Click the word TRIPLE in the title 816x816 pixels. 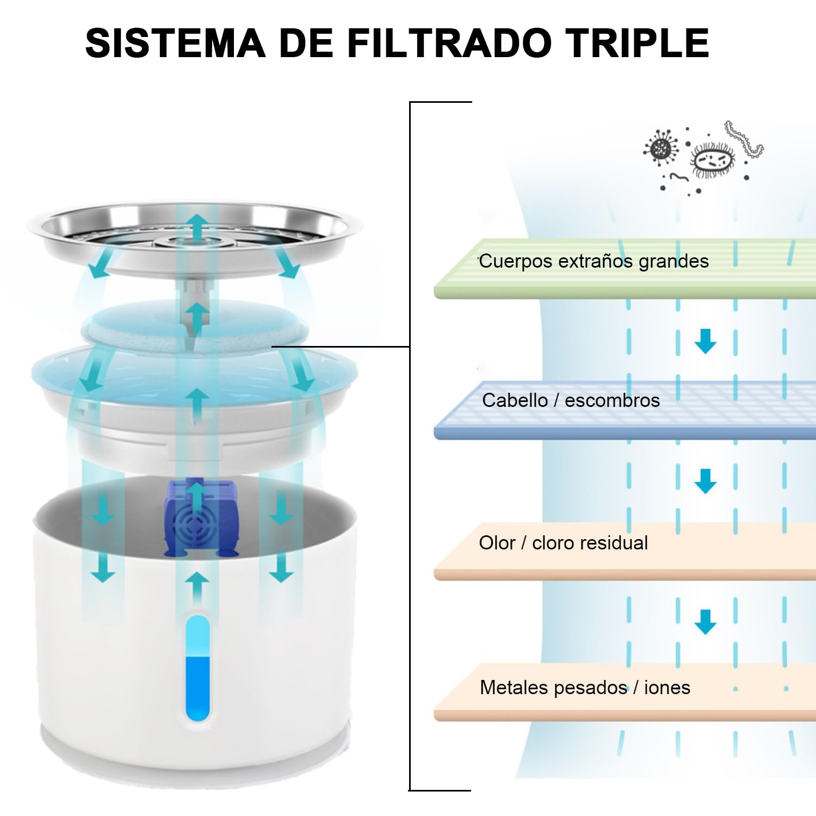click(x=637, y=43)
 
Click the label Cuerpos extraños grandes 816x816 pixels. click(x=594, y=262)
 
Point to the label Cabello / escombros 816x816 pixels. click(x=571, y=401)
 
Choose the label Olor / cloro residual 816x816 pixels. click(x=563, y=543)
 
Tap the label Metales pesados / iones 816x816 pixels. click(x=585, y=688)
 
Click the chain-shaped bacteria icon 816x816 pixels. click(x=744, y=139)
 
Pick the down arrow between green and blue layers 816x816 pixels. click(x=706, y=341)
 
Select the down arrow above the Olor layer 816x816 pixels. click(x=706, y=481)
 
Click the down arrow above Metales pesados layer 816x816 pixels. click(x=706, y=621)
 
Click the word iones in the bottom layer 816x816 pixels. click(x=667, y=688)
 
